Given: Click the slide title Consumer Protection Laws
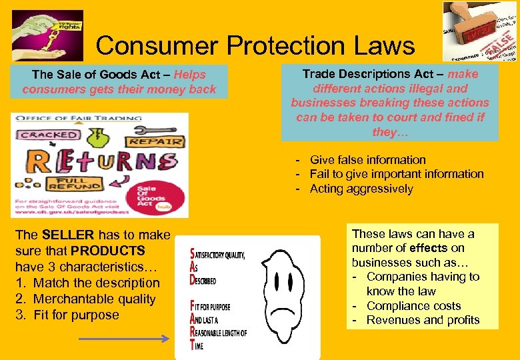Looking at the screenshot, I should (255, 46).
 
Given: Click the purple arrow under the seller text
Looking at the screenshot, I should (124, 339).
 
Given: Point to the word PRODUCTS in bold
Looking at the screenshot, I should (108, 251).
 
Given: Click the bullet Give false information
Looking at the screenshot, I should (367, 160).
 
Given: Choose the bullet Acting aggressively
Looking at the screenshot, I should (361, 189).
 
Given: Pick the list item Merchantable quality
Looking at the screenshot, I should (94, 299).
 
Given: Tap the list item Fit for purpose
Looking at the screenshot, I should (76, 315).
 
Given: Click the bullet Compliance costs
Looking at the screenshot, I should (413, 306).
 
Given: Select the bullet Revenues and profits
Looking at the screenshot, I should (423, 320).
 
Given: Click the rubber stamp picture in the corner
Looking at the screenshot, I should (480, 31).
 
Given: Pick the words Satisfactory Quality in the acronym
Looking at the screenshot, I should (219, 254).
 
